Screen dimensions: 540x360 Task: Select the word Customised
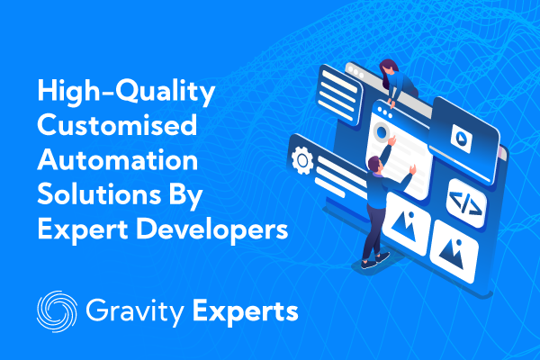[x=117, y=125]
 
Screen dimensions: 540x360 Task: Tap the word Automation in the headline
[x=117, y=160]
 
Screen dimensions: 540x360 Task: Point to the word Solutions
[x=99, y=194]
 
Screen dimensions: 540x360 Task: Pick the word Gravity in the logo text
[x=135, y=312]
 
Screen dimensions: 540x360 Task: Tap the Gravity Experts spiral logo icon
[x=57, y=311]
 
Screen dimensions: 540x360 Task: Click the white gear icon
[x=302, y=160]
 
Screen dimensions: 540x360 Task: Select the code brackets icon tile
[x=466, y=203]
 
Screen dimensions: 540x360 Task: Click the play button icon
[x=461, y=139]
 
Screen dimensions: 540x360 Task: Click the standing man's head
[x=374, y=164]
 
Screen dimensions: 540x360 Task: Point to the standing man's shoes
[x=375, y=260]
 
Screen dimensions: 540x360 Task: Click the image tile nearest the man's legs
[x=407, y=223]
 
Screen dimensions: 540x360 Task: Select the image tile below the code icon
[x=454, y=251]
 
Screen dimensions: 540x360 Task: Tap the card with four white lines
[x=339, y=94]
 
